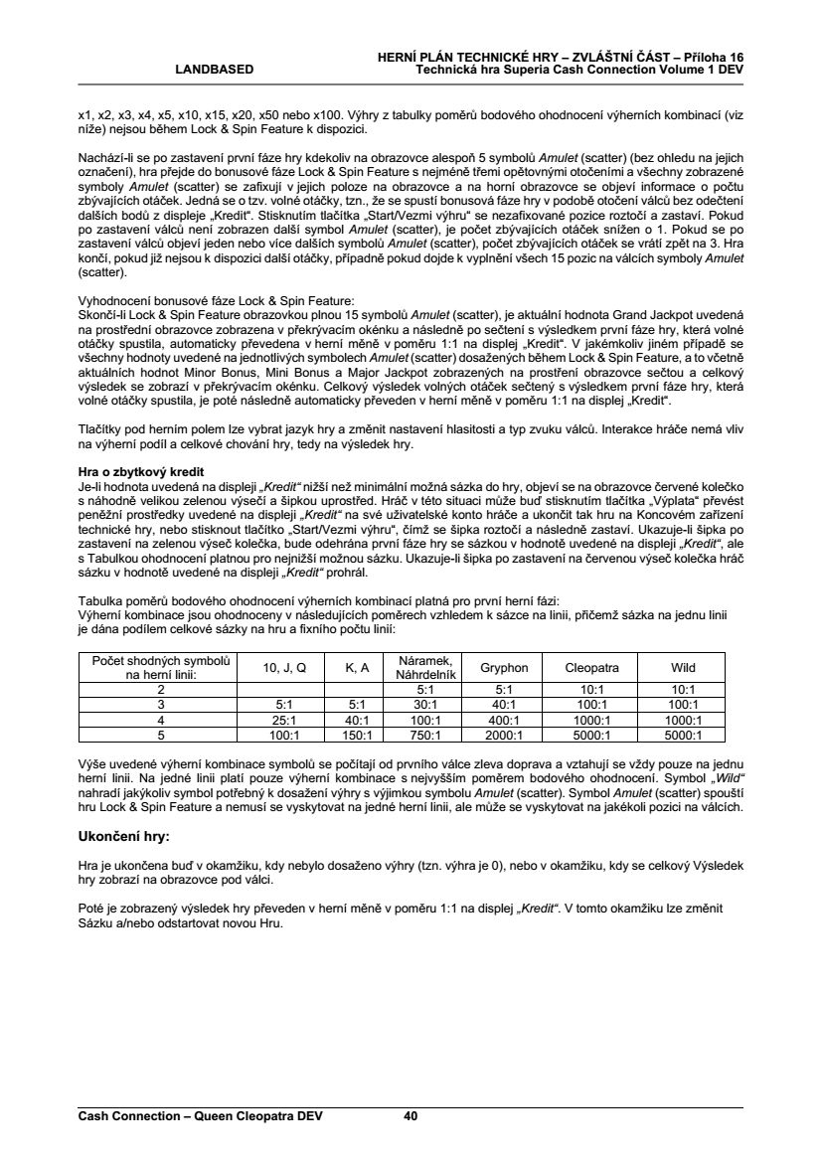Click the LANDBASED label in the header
pyautogui.click(x=215, y=70)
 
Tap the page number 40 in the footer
pyautogui.click(x=411, y=1116)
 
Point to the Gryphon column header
pyautogui.click(x=504, y=668)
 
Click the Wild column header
pyautogui.click(x=683, y=668)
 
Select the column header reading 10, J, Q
pyautogui.click(x=284, y=668)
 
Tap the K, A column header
pyautogui.click(x=357, y=668)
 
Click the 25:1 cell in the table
pyautogui.click(x=284, y=720)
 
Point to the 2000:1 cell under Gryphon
pyautogui.click(x=504, y=736)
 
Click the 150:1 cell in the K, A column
pyautogui.click(x=357, y=736)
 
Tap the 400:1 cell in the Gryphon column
pyautogui.click(x=504, y=720)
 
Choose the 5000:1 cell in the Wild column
pyautogui.click(x=683, y=736)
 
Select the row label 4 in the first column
pyautogui.click(x=161, y=720)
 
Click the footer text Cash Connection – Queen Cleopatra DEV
pyautogui.click(x=201, y=1116)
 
